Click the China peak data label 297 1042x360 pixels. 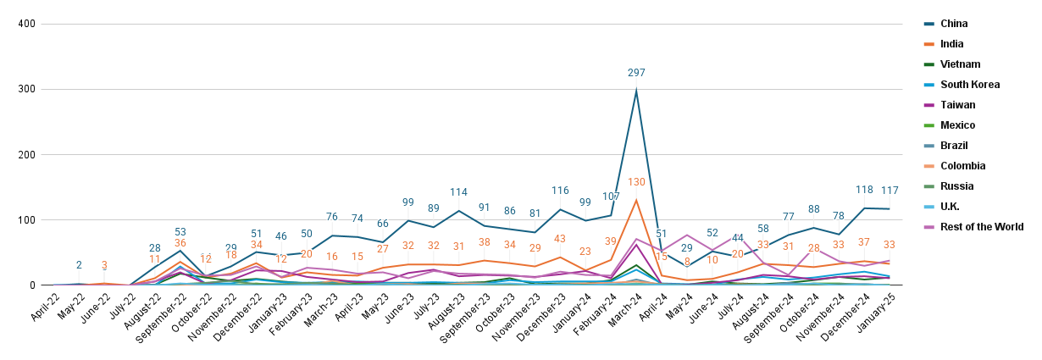tap(636, 74)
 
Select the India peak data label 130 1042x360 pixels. tap(636, 182)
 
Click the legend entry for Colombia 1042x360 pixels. tap(956, 166)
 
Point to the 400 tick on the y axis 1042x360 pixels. tap(25, 24)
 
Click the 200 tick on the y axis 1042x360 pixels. tap(25, 155)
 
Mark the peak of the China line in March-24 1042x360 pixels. tap(636, 91)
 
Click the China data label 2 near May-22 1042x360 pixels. tap(79, 265)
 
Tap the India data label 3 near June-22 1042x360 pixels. tap(104, 265)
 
